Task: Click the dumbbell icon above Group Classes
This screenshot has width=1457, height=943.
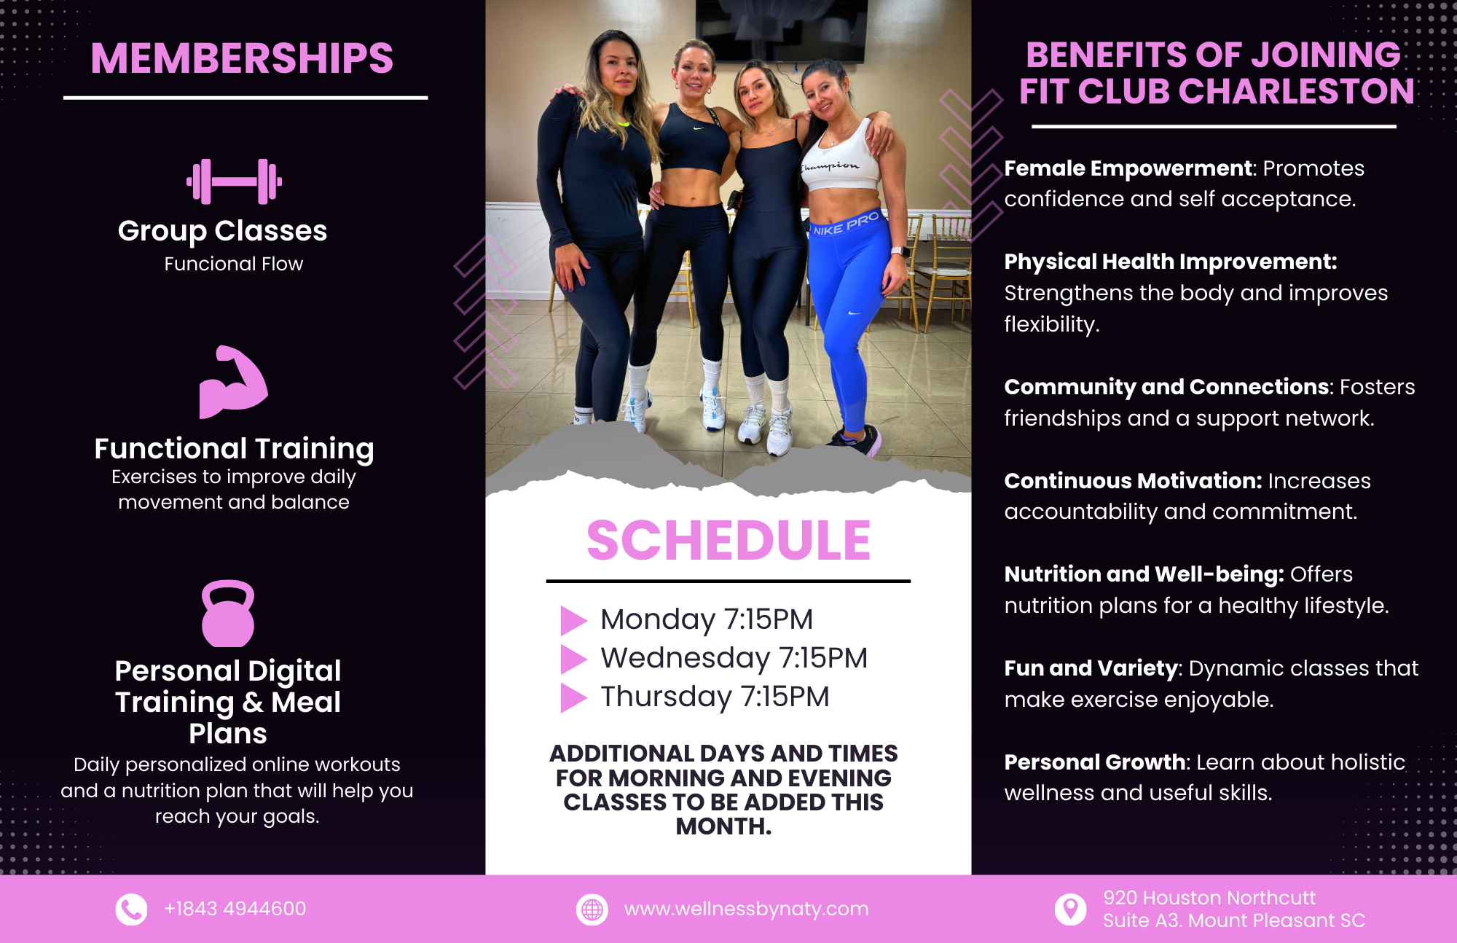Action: click(234, 181)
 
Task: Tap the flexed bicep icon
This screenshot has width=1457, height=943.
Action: click(233, 382)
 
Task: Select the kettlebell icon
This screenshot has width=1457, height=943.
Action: click(228, 614)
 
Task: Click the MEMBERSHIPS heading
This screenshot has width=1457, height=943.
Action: click(242, 58)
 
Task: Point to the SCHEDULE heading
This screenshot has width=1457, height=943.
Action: click(728, 541)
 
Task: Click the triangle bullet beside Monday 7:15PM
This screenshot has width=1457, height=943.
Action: click(573, 620)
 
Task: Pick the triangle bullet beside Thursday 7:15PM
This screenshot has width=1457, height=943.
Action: click(573, 697)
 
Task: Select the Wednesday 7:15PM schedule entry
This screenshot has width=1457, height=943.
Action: click(734, 658)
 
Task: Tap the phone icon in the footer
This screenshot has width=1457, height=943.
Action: click(131, 909)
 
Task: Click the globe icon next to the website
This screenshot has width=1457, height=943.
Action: click(592, 909)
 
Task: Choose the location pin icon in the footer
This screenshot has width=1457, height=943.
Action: click(1070, 909)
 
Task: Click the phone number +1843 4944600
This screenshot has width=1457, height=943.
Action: click(235, 909)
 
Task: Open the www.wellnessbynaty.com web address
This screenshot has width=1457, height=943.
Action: click(746, 909)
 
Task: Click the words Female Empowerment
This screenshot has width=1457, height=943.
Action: click(1128, 168)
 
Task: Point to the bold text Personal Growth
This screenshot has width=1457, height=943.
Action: click(1095, 762)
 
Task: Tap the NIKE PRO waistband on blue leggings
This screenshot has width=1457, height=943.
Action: click(847, 223)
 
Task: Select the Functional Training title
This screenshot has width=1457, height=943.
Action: click(234, 449)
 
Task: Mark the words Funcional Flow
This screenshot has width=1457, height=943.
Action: click(233, 264)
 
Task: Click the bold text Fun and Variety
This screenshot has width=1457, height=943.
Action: click(1091, 668)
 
